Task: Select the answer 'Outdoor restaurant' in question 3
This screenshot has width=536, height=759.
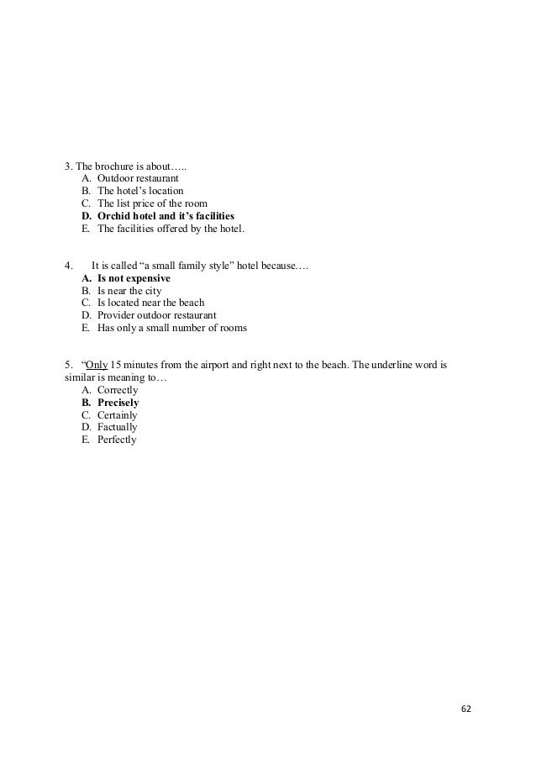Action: (x=138, y=179)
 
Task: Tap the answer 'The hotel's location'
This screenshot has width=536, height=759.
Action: (x=140, y=192)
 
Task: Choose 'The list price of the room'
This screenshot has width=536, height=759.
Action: (x=152, y=204)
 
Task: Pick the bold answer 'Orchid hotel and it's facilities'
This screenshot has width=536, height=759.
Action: (x=166, y=216)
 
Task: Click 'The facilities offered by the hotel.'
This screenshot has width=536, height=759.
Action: (x=170, y=229)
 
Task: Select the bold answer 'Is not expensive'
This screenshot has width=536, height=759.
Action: (x=134, y=278)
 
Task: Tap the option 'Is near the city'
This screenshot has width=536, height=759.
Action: (x=129, y=291)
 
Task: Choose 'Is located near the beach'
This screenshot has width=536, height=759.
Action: (x=150, y=303)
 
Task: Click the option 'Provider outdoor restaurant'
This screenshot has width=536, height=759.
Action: (x=156, y=315)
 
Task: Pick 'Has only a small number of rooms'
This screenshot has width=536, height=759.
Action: (x=172, y=328)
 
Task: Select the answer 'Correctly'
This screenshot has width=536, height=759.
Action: (x=118, y=391)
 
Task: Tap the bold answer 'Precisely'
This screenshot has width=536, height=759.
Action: (x=118, y=403)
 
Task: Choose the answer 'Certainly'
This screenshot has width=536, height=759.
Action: (x=118, y=415)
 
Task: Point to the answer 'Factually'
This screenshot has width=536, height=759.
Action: (x=118, y=428)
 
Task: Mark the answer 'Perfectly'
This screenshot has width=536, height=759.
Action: (x=117, y=440)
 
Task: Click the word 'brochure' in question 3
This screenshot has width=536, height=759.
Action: (x=115, y=166)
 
